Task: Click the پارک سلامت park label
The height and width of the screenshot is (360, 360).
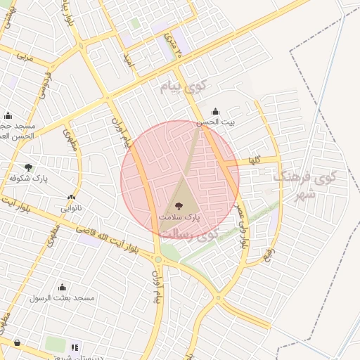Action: pos(179,218)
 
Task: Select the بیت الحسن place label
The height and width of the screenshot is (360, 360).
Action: pos(215,122)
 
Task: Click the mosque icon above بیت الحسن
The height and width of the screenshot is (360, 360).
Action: pos(215,111)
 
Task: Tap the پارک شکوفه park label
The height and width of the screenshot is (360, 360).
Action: pos(28,179)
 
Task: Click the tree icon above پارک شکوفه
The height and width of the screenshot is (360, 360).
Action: pos(28,167)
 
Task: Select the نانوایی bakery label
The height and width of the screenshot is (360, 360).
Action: pos(71,208)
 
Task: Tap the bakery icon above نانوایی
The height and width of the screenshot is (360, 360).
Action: pos(71,198)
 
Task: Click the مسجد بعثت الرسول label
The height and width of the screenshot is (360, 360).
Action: pos(62,298)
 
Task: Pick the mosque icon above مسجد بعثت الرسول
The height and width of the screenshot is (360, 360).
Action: pos(62,287)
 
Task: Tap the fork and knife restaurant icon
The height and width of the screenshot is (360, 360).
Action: pos(75,347)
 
